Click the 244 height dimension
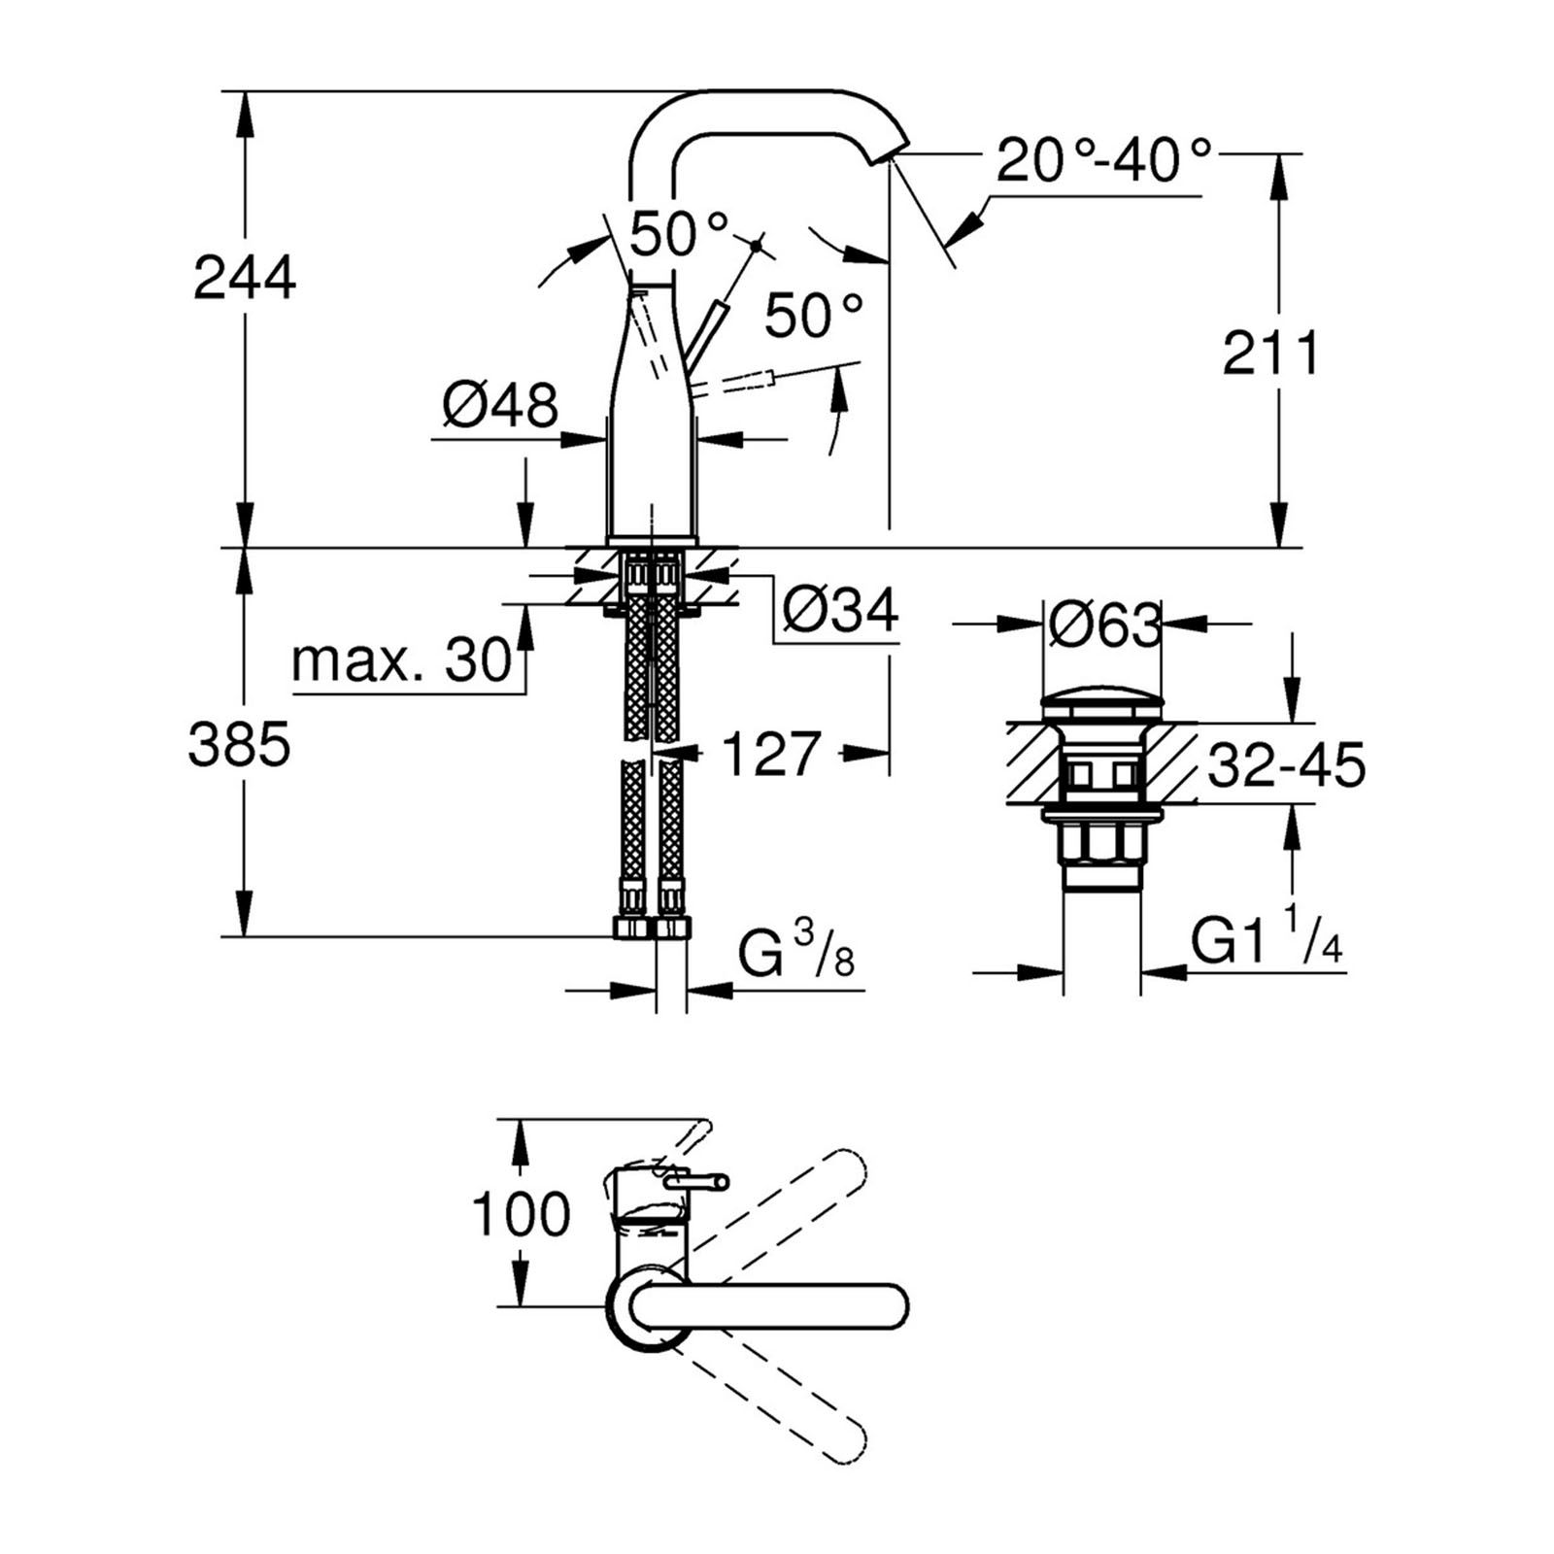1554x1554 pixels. tap(245, 279)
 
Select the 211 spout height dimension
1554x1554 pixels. tap(1271, 354)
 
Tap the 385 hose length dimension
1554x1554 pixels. tap(240, 746)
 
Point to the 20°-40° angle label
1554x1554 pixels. tap(1104, 160)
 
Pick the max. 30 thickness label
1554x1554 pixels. tap(401, 660)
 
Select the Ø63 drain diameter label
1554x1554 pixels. tap(1103, 625)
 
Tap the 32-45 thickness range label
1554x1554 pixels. tap(1286, 764)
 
